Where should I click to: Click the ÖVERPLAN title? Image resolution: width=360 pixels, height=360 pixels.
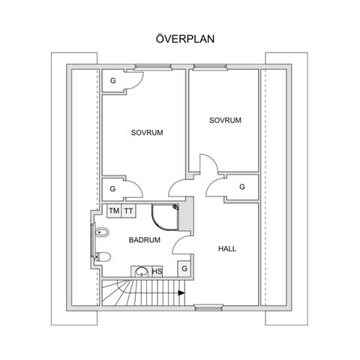pyautogui.click(x=185, y=39)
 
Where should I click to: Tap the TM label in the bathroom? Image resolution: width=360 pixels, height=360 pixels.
pyautogui.click(x=114, y=211)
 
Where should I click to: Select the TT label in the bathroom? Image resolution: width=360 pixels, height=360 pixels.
pyautogui.click(x=128, y=211)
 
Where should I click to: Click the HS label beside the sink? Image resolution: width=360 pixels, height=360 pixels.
pyautogui.click(x=157, y=271)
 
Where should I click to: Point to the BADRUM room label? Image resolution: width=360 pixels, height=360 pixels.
pyautogui.click(x=145, y=240)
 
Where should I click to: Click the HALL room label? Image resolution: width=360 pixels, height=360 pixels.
pyautogui.click(x=227, y=249)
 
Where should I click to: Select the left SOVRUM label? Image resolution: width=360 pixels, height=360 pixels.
pyautogui.click(x=147, y=133)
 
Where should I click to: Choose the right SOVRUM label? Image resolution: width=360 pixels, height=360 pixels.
pyautogui.click(x=225, y=120)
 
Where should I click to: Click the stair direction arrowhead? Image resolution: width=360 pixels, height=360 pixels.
pyautogui.click(x=181, y=292)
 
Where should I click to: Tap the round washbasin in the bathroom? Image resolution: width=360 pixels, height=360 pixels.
pyautogui.click(x=142, y=271)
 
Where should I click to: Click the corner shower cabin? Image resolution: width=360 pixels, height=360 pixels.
pyautogui.click(x=165, y=217)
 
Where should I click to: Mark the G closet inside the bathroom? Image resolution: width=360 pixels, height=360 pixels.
pyautogui.click(x=184, y=268)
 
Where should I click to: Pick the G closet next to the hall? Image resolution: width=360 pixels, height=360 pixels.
pyautogui.click(x=241, y=187)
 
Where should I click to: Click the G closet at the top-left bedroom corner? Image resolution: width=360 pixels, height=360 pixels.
pyautogui.click(x=113, y=81)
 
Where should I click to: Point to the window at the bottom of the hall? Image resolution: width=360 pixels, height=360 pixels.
pyautogui.click(x=208, y=307)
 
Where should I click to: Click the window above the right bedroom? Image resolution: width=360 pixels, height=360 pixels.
pyautogui.click(x=210, y=67)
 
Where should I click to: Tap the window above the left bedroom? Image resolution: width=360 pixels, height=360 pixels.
pyautogui.click(x=153, y=67)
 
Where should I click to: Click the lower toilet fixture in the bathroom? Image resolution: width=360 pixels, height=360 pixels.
pyautogui.click(x=103, y=256)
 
